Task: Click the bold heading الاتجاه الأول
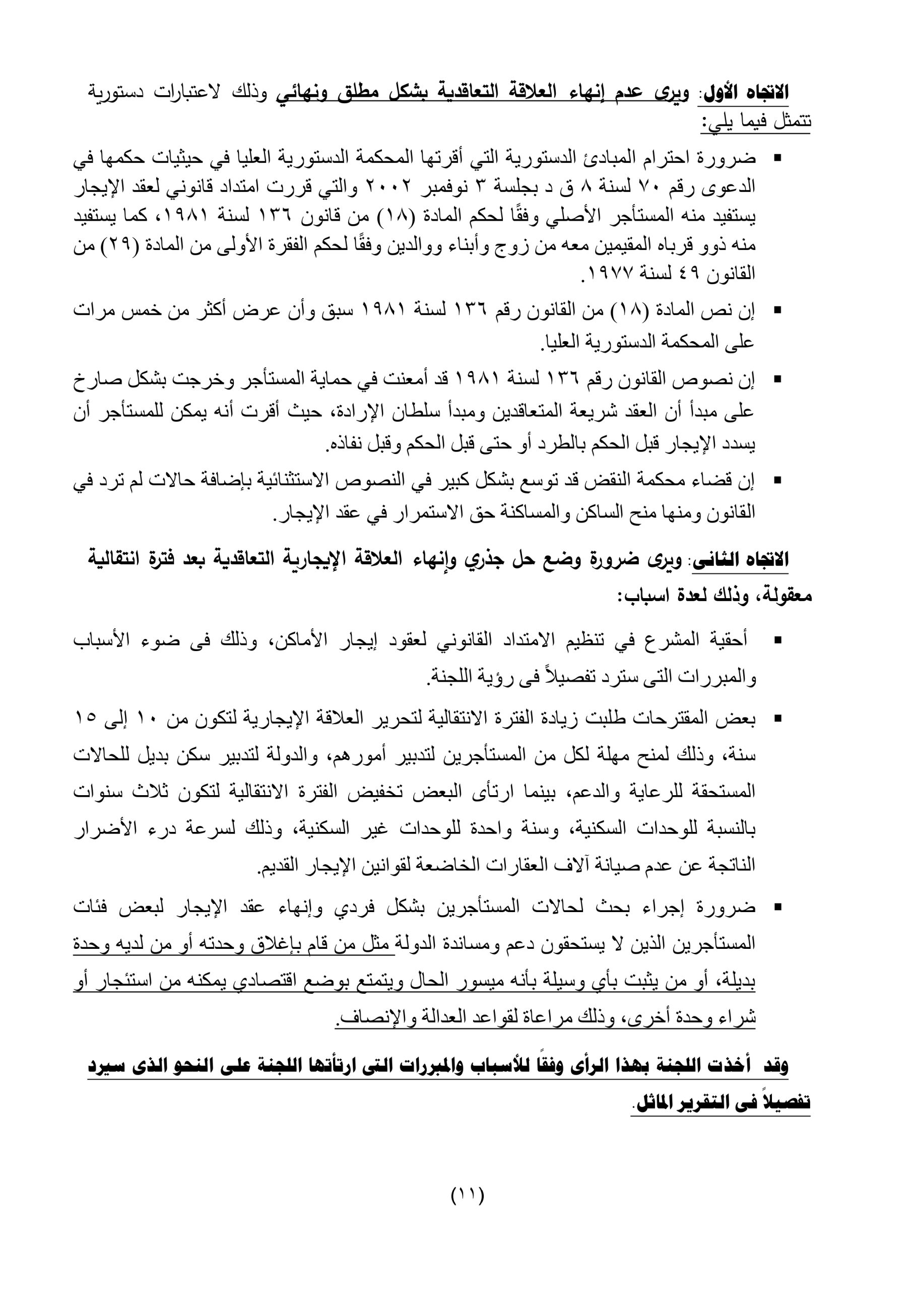coord(746,92)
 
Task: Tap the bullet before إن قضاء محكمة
coord(777,481)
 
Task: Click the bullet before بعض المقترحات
coord(777,719)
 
